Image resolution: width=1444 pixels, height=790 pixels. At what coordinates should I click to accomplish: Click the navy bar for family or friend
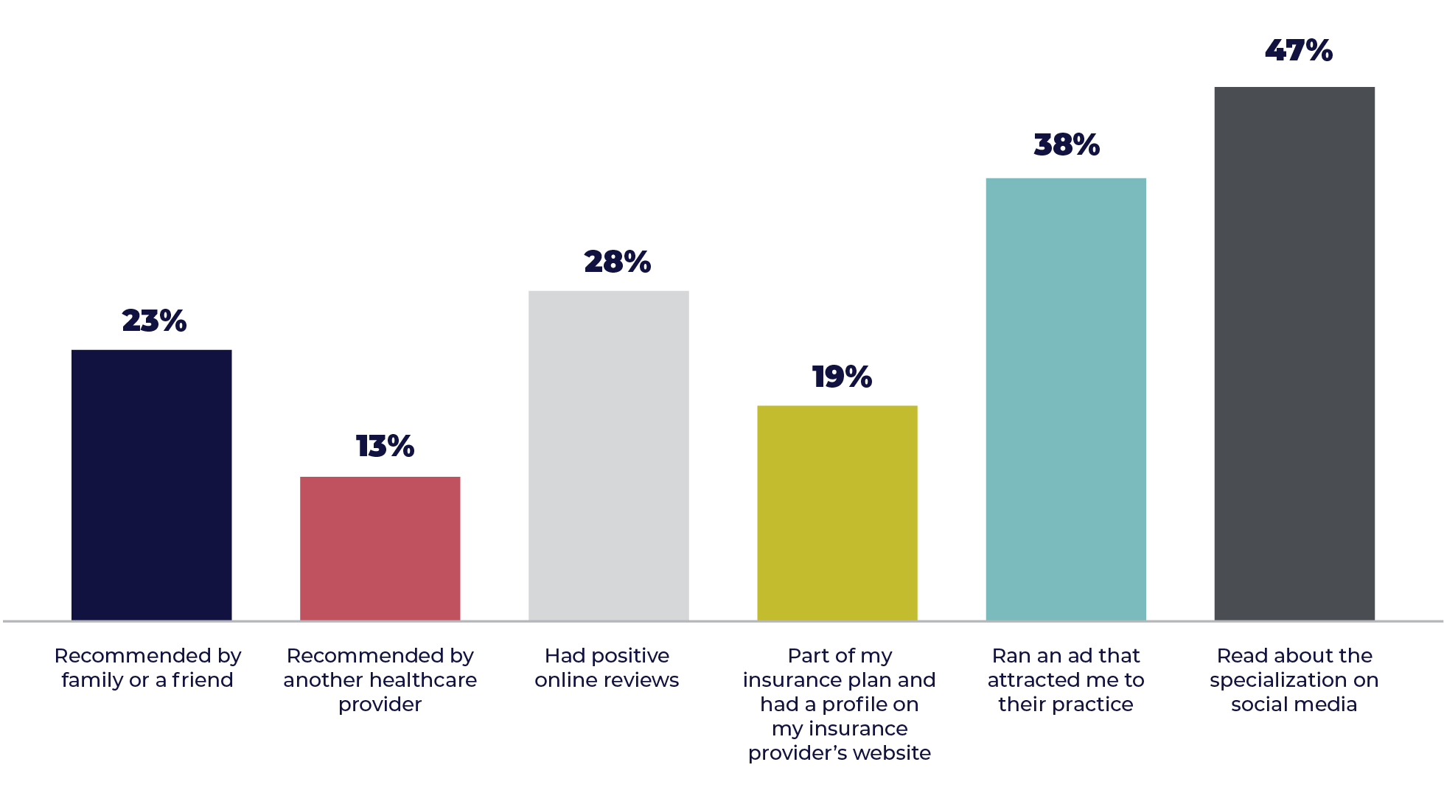point(152,484)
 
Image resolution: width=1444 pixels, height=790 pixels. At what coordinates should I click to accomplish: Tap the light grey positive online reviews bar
point(609,455)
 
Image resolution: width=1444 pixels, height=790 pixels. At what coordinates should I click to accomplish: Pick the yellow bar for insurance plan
point(837,512)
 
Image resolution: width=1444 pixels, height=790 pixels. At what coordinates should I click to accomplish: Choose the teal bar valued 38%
point(1066,398)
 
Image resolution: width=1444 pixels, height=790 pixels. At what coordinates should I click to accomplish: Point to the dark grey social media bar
point(1294,353)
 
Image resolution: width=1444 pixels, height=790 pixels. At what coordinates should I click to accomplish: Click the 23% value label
point(154,321)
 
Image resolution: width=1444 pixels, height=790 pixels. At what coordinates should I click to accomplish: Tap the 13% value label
point(385,446)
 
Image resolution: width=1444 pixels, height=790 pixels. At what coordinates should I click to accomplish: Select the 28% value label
point(617,262)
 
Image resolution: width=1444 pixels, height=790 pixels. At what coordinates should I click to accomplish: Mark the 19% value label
point(842,377)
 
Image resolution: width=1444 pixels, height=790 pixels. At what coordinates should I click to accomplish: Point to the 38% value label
point(1067,144)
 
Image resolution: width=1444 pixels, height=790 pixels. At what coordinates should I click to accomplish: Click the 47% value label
point(1298,50)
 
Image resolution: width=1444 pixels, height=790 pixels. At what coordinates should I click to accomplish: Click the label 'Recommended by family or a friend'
point(147,668)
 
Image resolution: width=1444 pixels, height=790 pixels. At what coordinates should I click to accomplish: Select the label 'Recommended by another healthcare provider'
point(380,679)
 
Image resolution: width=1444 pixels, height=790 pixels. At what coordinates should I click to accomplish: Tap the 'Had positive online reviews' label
point(607,668)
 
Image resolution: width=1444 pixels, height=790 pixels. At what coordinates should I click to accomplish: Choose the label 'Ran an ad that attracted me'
point(1066,679)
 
